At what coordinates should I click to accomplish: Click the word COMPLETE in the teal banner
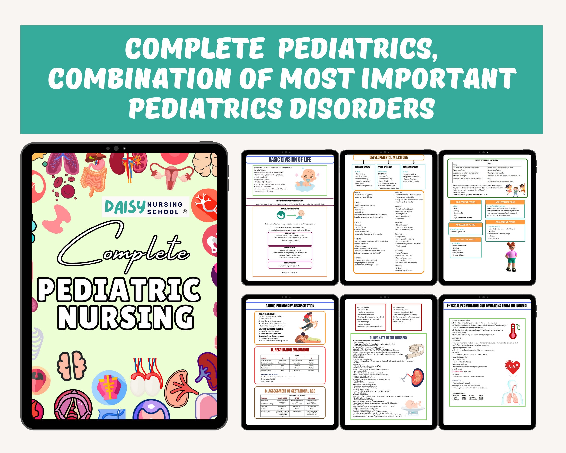(194, 49)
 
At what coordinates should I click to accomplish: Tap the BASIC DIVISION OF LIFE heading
(289, 160)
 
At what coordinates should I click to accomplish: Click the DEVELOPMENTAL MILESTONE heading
(389, 157)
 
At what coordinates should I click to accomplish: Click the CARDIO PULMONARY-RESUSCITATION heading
(289, 306)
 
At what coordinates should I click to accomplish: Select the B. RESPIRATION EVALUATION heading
(289, 350)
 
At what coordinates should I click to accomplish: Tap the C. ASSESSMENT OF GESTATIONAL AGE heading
(289, 391)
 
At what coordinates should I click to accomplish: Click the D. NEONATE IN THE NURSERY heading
(389, 338)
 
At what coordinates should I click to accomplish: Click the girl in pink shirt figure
(512, 257)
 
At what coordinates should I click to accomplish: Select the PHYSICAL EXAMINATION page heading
(487, 306)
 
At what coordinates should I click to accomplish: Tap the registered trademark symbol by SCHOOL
(185, 211)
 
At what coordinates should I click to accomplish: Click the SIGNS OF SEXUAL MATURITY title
(487, 160)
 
